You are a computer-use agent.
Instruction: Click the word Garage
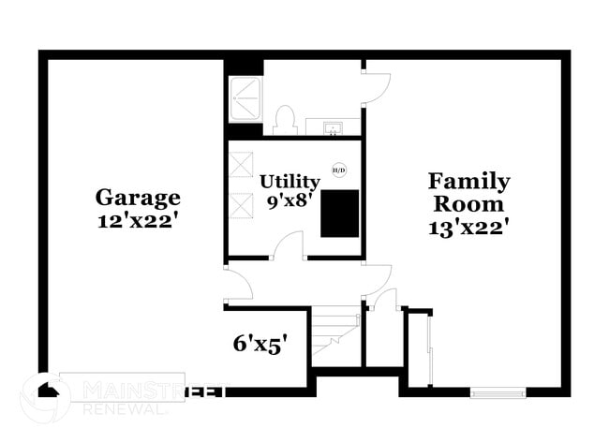click(138, 198)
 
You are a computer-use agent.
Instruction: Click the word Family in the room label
click(468, 181)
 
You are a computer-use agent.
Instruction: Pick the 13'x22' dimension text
click(468, 226)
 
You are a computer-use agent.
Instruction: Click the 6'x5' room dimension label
click(260, 344)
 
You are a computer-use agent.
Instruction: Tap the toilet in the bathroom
click(285, 121)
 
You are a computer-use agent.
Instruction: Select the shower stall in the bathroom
click(246, 96)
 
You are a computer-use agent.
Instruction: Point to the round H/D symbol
click(338, 170)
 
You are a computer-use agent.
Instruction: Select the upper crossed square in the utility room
click(242, 164)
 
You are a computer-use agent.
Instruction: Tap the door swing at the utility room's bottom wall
click(289, 245)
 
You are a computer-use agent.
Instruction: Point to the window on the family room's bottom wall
click(498, 392)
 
